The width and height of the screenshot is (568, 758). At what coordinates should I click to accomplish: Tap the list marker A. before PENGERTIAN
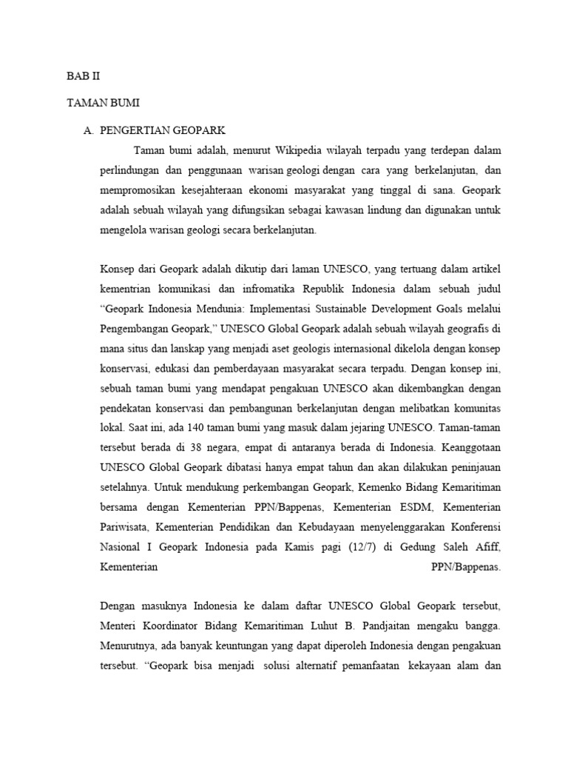(x=89, y=130)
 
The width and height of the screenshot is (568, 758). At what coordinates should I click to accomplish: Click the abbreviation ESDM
(x=413, y=506)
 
